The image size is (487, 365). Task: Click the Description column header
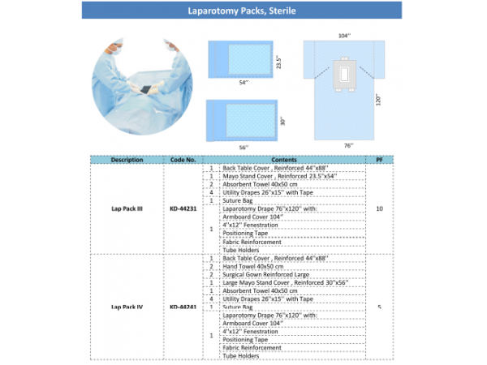coord(127,160)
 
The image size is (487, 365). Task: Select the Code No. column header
coord(184,160)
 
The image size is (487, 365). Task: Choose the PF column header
coord(380,160)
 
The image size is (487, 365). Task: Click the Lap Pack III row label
coord(127,208)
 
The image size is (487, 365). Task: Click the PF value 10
coord(380,208)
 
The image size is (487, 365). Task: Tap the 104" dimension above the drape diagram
coord(345,36)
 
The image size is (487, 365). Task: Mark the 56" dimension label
coord(243,147)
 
